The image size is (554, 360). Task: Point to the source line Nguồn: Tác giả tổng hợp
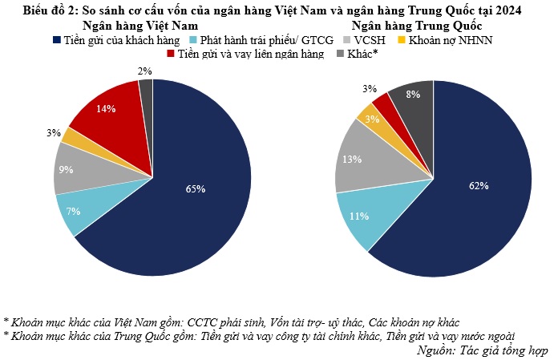tap(483, 350)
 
